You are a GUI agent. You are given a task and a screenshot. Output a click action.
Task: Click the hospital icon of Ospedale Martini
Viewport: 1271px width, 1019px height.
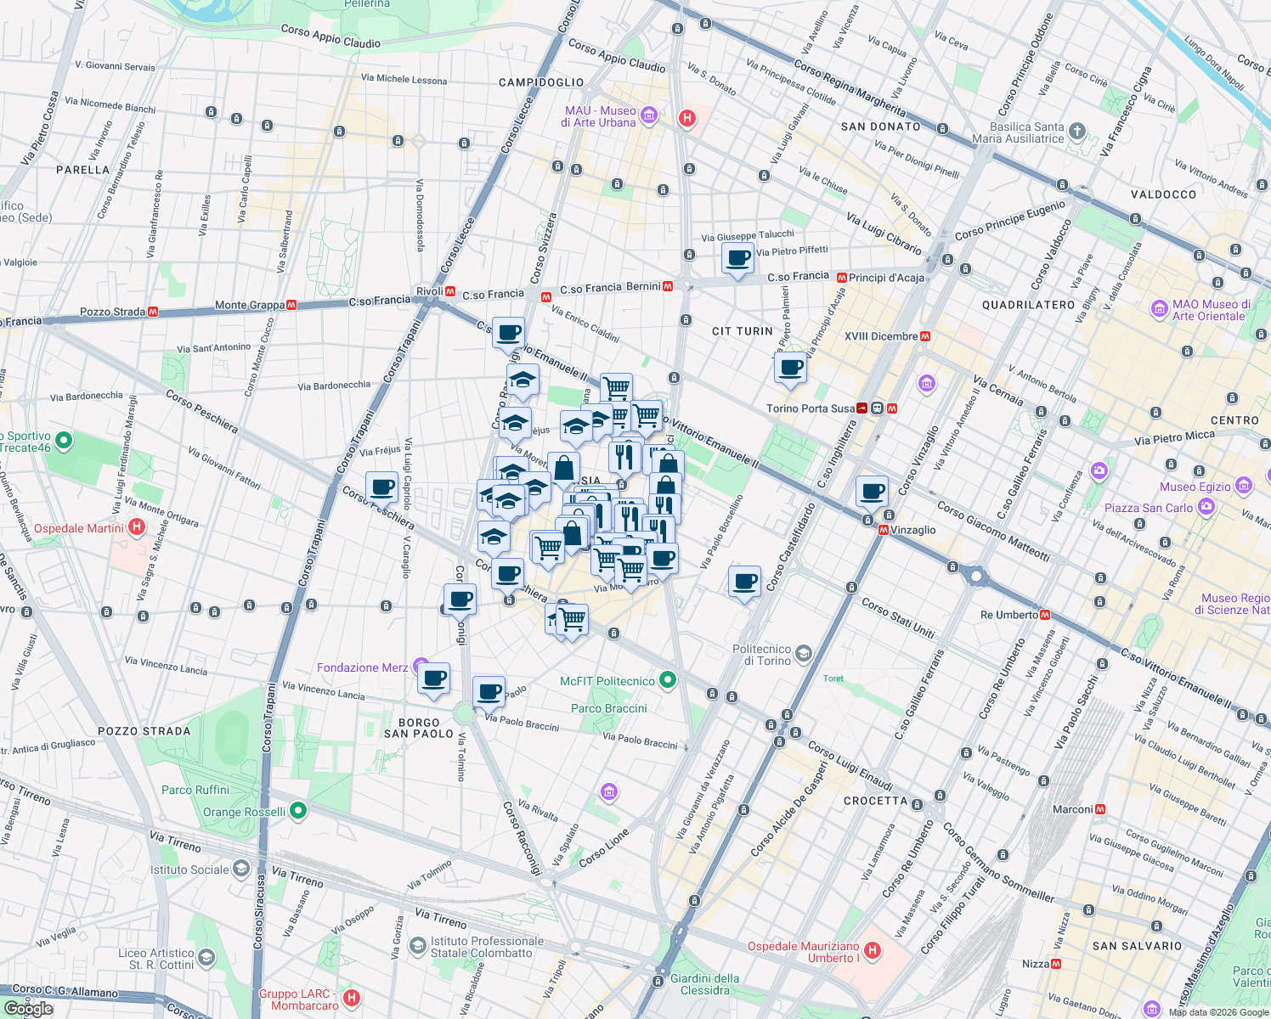[x=137, y=528]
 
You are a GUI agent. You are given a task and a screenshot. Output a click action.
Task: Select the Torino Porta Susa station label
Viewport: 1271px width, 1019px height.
[x=810, y=408]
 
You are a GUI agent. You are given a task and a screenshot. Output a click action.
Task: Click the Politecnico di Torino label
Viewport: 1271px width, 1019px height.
[x=761, y=655]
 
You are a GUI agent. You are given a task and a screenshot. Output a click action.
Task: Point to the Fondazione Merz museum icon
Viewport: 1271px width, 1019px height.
[x=421, y=667]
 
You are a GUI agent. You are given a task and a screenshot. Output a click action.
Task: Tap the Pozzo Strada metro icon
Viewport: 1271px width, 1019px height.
[x=153, y=312]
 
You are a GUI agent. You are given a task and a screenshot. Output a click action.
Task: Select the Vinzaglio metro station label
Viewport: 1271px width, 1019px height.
[x=912, y=530]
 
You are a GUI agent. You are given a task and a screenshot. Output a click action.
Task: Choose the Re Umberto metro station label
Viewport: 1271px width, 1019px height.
[x=1008, y=615]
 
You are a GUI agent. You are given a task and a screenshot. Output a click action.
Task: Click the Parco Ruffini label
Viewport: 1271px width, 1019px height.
[x=195, y=790]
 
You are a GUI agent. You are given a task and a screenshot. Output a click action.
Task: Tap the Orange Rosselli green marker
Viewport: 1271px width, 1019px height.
[x=297, y=811]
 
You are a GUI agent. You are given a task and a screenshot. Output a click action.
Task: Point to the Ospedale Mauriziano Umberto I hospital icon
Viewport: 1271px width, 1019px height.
[x=872, y=950]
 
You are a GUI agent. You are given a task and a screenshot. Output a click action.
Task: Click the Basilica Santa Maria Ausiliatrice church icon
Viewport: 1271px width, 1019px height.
[x=1077, y=131]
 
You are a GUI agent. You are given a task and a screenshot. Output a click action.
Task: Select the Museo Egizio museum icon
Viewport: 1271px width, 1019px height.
[x=1244, y=486]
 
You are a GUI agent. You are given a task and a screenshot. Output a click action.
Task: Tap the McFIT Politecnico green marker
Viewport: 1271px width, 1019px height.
[x=668, y=679]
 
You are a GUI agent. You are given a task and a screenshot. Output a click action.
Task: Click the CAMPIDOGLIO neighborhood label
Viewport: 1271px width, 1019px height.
[x=541, y=82]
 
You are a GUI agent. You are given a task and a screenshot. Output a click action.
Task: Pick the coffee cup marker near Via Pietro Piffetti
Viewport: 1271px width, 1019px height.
[x=737, y=258]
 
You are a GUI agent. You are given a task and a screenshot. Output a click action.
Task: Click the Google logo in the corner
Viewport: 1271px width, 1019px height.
[x=28, y=1008]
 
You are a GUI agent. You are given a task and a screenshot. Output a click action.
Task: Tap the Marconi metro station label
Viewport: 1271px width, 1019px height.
[x=1072, y=809]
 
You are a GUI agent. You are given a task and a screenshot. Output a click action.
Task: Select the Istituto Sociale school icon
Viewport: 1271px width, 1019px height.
[x=241, y=868]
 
